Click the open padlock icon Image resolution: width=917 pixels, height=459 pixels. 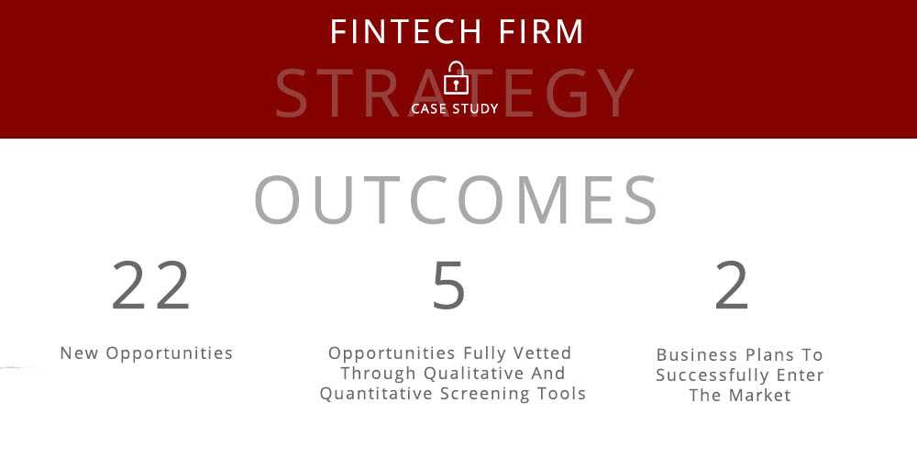tap(456, 78)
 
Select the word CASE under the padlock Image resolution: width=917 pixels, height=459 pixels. tap(429, 109)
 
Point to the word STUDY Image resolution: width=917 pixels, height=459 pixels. tap(475, 109)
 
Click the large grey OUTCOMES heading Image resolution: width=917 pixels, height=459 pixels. tap(456, 199)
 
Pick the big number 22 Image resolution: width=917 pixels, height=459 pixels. tap(150, 285)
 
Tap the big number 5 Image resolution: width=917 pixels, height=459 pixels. tap(448, 285)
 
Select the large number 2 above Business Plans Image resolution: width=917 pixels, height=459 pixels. tap(732, 285)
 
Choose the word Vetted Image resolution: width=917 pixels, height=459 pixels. tap(542, 353)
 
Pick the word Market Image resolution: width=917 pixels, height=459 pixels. tap(760, 395)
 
